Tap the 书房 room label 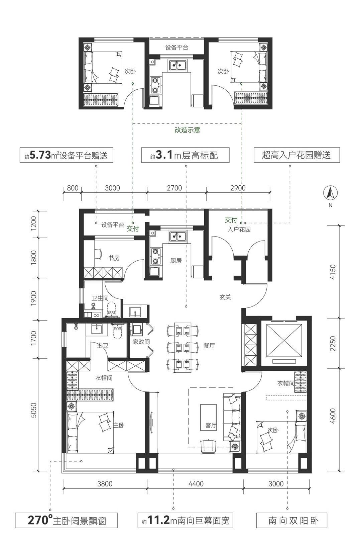114,258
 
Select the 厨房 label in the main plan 176,261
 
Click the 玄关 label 225,297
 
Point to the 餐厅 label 209,346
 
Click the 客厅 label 211,426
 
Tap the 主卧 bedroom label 119,425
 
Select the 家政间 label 141,342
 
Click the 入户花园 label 239,229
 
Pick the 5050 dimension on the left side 34,410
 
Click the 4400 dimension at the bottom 196,484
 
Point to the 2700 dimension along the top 174,188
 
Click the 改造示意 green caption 187,130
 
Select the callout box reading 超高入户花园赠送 296,155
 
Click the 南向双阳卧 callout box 291,521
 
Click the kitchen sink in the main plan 178,236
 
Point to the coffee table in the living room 208,417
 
